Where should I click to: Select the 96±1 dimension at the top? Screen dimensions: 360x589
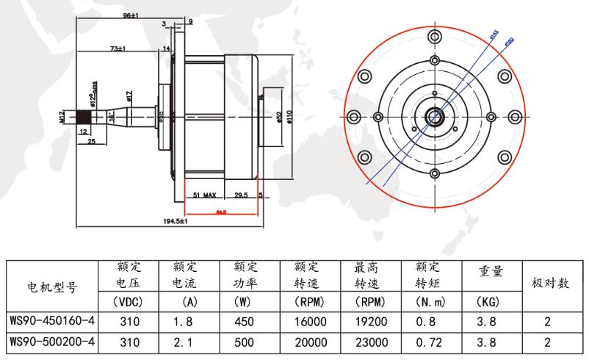(130, 15)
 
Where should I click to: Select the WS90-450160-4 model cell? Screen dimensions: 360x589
(51, 321)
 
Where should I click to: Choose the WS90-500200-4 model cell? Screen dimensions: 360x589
(51, 342)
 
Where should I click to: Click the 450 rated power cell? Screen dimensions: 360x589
(244, 321)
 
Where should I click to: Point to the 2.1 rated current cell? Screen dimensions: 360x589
(183, 342)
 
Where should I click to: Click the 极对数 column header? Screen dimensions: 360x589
(551, 283)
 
